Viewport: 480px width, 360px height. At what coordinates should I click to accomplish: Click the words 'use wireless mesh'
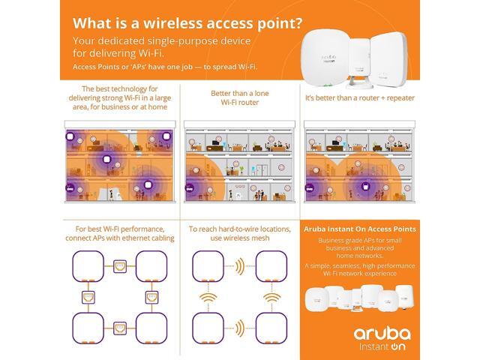point(238,238)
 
